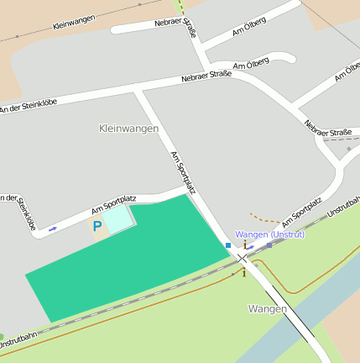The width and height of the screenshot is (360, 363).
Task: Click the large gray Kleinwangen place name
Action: coord(128,128)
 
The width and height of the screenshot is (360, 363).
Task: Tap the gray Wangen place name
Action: coord(268,309)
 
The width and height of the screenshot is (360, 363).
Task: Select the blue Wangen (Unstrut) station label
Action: coord(270,234)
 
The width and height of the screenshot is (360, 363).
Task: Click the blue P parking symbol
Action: coord(97,226)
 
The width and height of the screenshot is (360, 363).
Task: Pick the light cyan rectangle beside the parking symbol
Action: coord(117,218)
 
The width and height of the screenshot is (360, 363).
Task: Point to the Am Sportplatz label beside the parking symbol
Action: coord(113,204)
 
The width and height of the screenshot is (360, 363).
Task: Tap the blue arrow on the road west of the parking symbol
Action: coord(53,229)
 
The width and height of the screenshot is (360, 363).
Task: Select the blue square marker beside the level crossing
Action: coord(227,245)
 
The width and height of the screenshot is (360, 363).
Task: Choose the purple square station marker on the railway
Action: coord(269,245)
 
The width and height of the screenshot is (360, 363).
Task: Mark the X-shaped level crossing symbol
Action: coord(242,258)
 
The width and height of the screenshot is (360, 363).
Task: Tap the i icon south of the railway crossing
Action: coord(243,271)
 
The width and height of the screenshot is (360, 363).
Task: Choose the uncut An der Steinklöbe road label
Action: coord(29,106)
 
